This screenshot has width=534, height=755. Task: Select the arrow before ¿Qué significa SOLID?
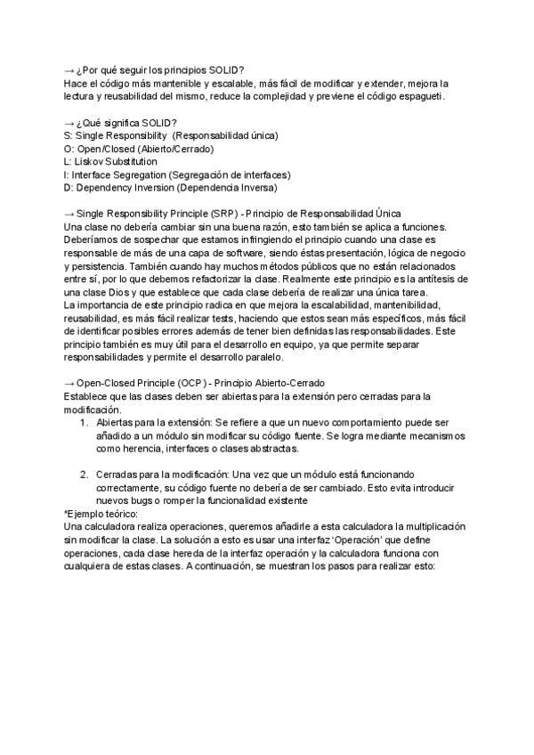pyautogui.click(x=70, y=122)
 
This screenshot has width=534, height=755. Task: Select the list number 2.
pyautogui.click(x=85, y=475)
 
